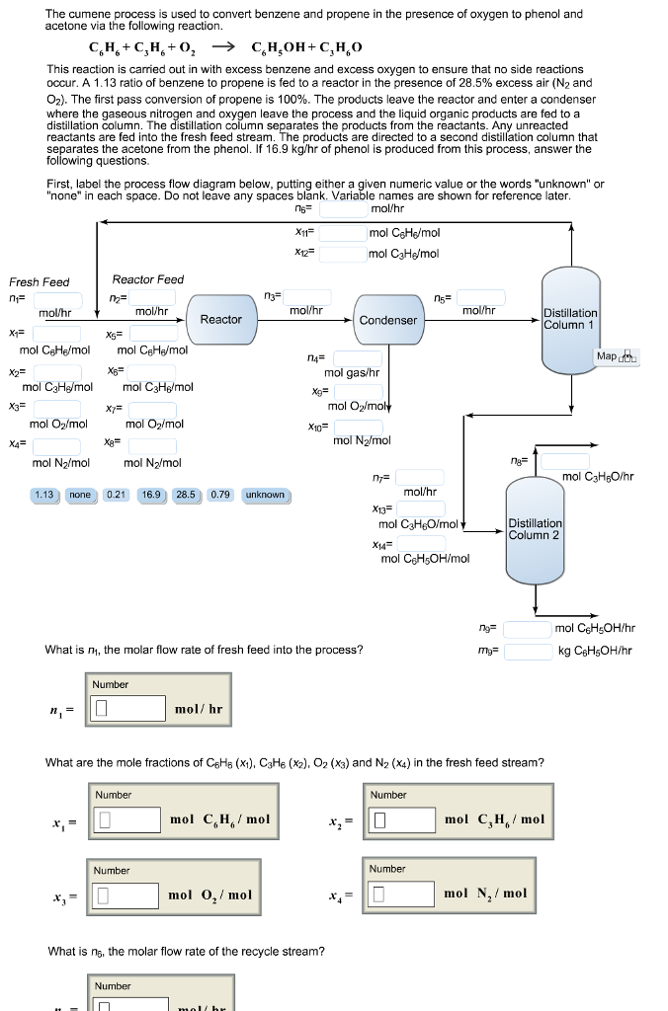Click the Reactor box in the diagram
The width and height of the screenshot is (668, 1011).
tap(220, 319)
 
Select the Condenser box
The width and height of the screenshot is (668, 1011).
tap(387, 320)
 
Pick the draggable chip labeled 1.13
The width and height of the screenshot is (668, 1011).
tap(43, 495)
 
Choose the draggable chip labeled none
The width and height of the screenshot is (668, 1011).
tap(80, 495)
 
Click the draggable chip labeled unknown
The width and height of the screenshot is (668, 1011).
tap(264, 495)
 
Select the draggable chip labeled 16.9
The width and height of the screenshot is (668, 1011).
tap(151, 495)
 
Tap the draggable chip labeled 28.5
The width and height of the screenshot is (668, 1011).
tap(186, 495)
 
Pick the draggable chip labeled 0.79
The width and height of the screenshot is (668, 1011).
tap(220, 495)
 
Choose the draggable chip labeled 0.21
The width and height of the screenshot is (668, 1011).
tap(116, 495)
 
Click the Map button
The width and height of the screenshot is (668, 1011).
tap(618, 356)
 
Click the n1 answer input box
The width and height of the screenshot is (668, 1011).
tap(128, 709)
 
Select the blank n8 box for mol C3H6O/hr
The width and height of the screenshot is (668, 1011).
tap(565, 460)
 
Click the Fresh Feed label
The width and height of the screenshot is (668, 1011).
tap(40, 281)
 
